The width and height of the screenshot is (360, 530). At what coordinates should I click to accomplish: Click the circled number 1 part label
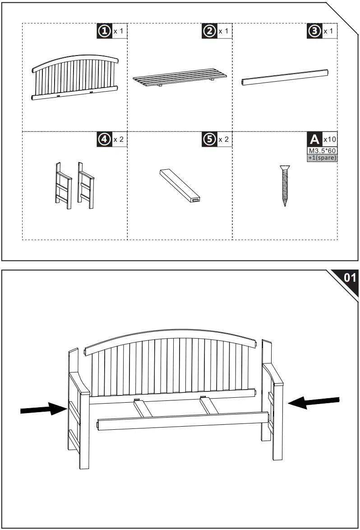(105, 31)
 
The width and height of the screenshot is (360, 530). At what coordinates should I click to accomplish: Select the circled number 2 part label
(210, 31)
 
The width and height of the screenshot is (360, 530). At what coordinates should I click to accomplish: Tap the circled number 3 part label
(314, 31)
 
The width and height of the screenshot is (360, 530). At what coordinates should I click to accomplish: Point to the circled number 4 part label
(105, 139)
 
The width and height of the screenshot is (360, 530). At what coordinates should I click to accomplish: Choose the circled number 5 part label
(210, 139)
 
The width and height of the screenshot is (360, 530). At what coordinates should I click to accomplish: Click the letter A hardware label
(314, 139)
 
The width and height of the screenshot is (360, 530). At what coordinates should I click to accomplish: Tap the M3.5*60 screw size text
(322, 151)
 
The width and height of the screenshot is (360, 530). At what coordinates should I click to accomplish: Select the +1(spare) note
(322, 158)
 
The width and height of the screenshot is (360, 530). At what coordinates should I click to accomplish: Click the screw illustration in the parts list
(284, 186)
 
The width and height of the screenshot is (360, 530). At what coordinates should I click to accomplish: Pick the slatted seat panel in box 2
(180, 78)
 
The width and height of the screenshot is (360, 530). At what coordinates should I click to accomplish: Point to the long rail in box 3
(284, 77)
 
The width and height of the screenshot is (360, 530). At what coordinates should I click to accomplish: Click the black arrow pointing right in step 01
(43, 409)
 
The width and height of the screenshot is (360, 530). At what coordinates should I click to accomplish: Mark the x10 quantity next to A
(330, 139)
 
